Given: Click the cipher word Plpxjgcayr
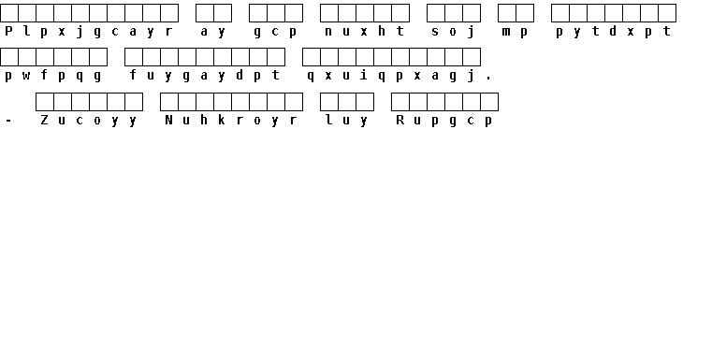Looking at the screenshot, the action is click(x=89, y=31).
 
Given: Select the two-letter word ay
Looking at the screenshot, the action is click(x=213, y=31).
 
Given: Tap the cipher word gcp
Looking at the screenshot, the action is click(x=275, y=31).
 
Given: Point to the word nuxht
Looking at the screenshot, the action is click(x=364, y=31).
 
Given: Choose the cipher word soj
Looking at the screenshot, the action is click(x=453, y=31).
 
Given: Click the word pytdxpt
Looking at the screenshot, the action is click(x=613, y=31).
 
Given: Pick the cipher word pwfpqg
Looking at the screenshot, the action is click(x=52, y=76).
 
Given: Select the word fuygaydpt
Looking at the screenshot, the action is click(x=204, y=76).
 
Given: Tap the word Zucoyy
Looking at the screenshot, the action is click(x=89, y=121).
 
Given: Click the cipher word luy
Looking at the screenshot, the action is click(x=346, y=121).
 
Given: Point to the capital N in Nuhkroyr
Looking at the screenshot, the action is click(x=169, y=120).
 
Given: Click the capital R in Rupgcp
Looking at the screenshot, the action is click(x=400, y=120).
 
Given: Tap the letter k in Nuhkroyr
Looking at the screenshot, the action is click(x=222, y=120).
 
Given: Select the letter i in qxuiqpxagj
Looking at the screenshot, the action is click(x=364, y=75).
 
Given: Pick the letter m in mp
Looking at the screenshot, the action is click(x=506, y=31).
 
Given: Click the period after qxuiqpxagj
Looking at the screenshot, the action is click(x=488, y=79).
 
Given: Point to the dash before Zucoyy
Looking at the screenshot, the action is click(x=8, y=121).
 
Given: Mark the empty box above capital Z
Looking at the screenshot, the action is click(x=45, y=102).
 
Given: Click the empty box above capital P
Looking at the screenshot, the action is click(x=9, y=13).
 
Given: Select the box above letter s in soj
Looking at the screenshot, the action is click(x=435, y=13).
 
